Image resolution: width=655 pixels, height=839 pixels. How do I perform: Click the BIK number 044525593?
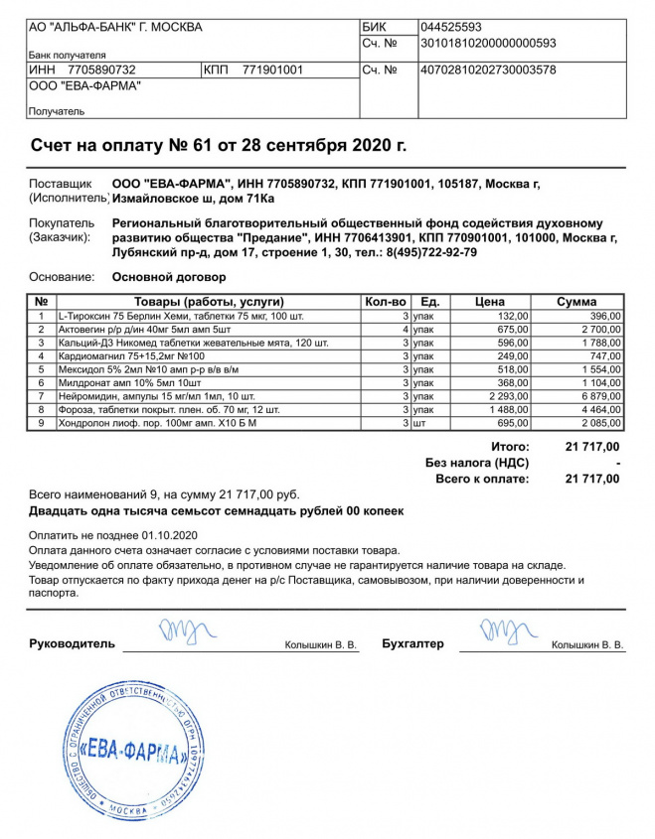[x=451, y=27]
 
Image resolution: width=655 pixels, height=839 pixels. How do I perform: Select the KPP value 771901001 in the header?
[x=273, y=70]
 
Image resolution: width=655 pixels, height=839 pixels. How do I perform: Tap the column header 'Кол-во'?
[x=386, y=302]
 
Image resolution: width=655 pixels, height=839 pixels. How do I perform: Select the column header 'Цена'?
[x=490, y=302]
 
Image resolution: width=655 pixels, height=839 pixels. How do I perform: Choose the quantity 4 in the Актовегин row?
[x=406, y=329]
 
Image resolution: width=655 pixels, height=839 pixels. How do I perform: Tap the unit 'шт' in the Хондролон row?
[x=419, y=422]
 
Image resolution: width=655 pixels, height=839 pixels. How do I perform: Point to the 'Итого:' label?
[x=510, y=447]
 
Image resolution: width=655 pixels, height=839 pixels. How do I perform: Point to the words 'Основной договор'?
[x=169, y=277]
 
